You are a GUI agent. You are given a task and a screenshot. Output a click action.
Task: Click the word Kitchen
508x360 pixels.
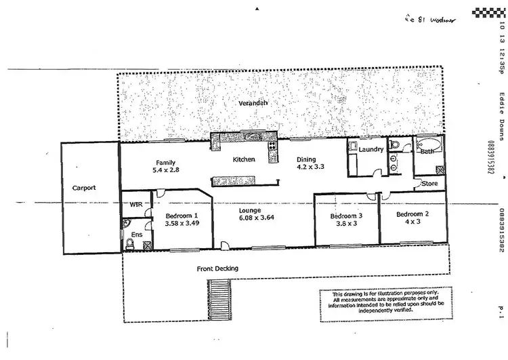243,160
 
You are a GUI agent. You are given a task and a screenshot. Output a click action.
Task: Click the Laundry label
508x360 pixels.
372,149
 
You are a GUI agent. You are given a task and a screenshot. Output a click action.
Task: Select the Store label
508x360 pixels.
429,183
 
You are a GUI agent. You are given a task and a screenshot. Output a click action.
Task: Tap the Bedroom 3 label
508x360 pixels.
346,216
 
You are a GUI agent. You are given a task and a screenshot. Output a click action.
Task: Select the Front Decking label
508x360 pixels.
217,268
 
